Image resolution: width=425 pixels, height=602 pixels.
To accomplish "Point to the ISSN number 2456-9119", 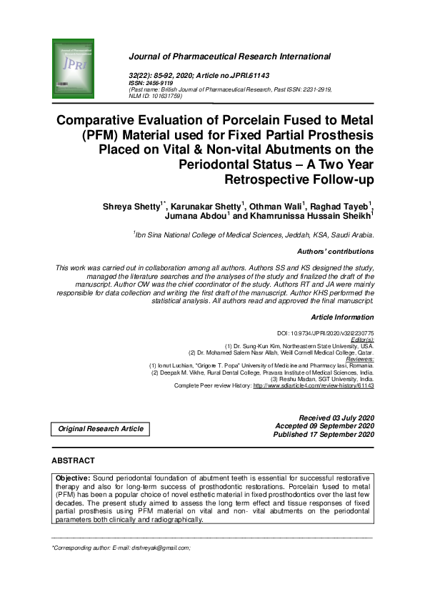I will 160,82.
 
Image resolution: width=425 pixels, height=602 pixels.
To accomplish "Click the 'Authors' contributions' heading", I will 335,252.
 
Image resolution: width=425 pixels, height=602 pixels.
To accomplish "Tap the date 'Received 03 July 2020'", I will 336,417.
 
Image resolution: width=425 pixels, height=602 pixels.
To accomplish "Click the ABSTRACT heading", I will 74,460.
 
